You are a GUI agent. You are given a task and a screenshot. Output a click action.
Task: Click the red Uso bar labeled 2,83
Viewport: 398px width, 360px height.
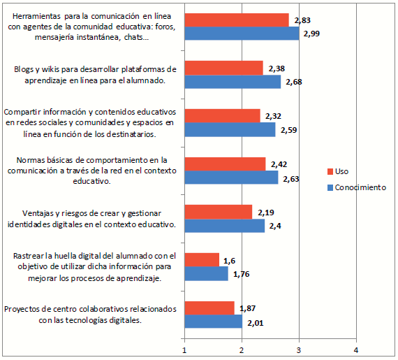(236, 20)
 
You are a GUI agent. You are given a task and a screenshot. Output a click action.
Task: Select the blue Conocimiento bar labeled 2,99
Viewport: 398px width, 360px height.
(241, 34)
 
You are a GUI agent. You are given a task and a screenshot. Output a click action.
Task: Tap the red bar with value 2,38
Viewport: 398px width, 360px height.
(223, 68)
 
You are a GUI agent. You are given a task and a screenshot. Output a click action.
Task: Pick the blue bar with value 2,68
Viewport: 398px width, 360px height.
(232, 82)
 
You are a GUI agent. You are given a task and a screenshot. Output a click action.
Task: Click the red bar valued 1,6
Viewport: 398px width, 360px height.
(201, 259)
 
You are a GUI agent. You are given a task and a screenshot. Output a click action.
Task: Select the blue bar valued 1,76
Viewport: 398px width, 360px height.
(206, 273)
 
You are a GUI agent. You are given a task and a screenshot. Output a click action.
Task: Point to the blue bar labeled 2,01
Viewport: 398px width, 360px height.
(213, 322)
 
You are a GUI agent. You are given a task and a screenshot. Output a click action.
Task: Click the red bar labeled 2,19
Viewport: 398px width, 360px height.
(218, 212)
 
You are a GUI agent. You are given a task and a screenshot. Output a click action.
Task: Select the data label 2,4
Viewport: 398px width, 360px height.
(275, 226)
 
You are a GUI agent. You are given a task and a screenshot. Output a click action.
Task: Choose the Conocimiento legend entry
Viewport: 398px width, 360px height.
(355, 187)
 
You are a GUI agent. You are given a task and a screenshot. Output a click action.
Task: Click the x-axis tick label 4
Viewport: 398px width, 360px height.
(356, 350)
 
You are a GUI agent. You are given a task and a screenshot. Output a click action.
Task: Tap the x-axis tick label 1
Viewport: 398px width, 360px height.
(184, 350)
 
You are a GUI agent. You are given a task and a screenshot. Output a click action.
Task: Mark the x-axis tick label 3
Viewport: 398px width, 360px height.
(299, 350)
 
